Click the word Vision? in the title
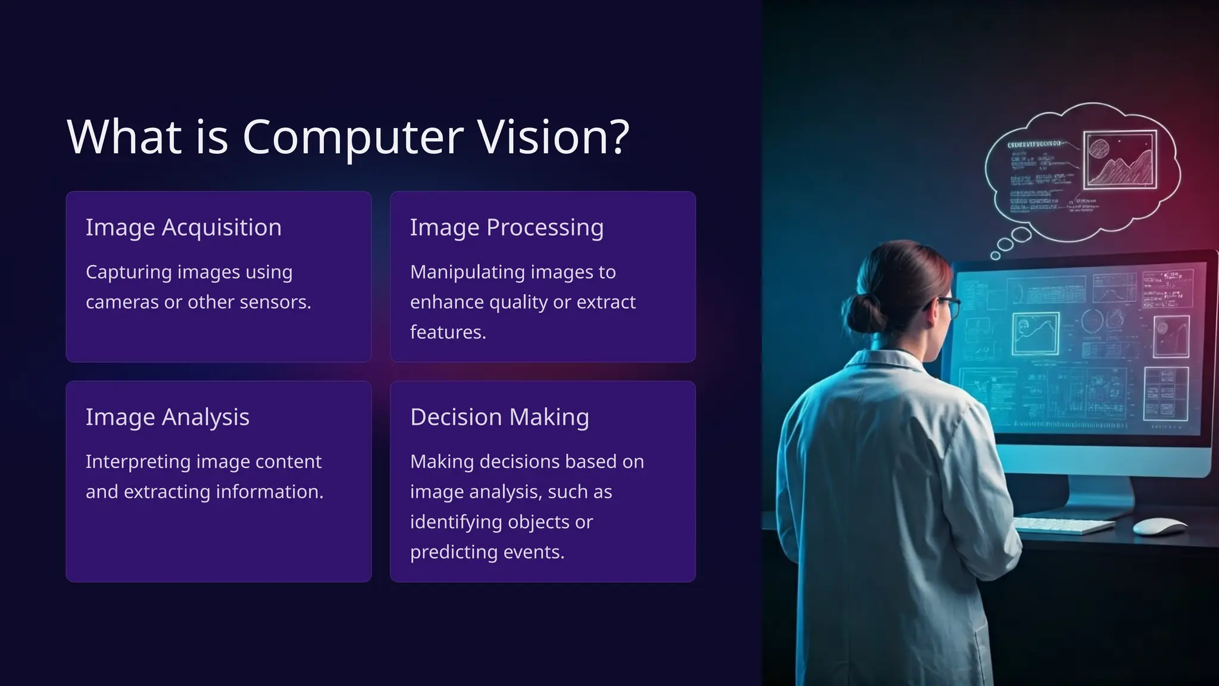click(554, 137)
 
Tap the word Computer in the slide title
click(352, 137)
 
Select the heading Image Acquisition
click(183, 227)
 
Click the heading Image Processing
click(507, 227)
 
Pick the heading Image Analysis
click(167, 417)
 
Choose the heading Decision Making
click(499, 417)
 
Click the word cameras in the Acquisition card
click(123, 302)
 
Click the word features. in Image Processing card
click(448, 332)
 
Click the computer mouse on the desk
click(1158, 526)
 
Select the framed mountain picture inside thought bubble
click(1119, 159)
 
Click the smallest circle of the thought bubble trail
click(995, 255)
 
